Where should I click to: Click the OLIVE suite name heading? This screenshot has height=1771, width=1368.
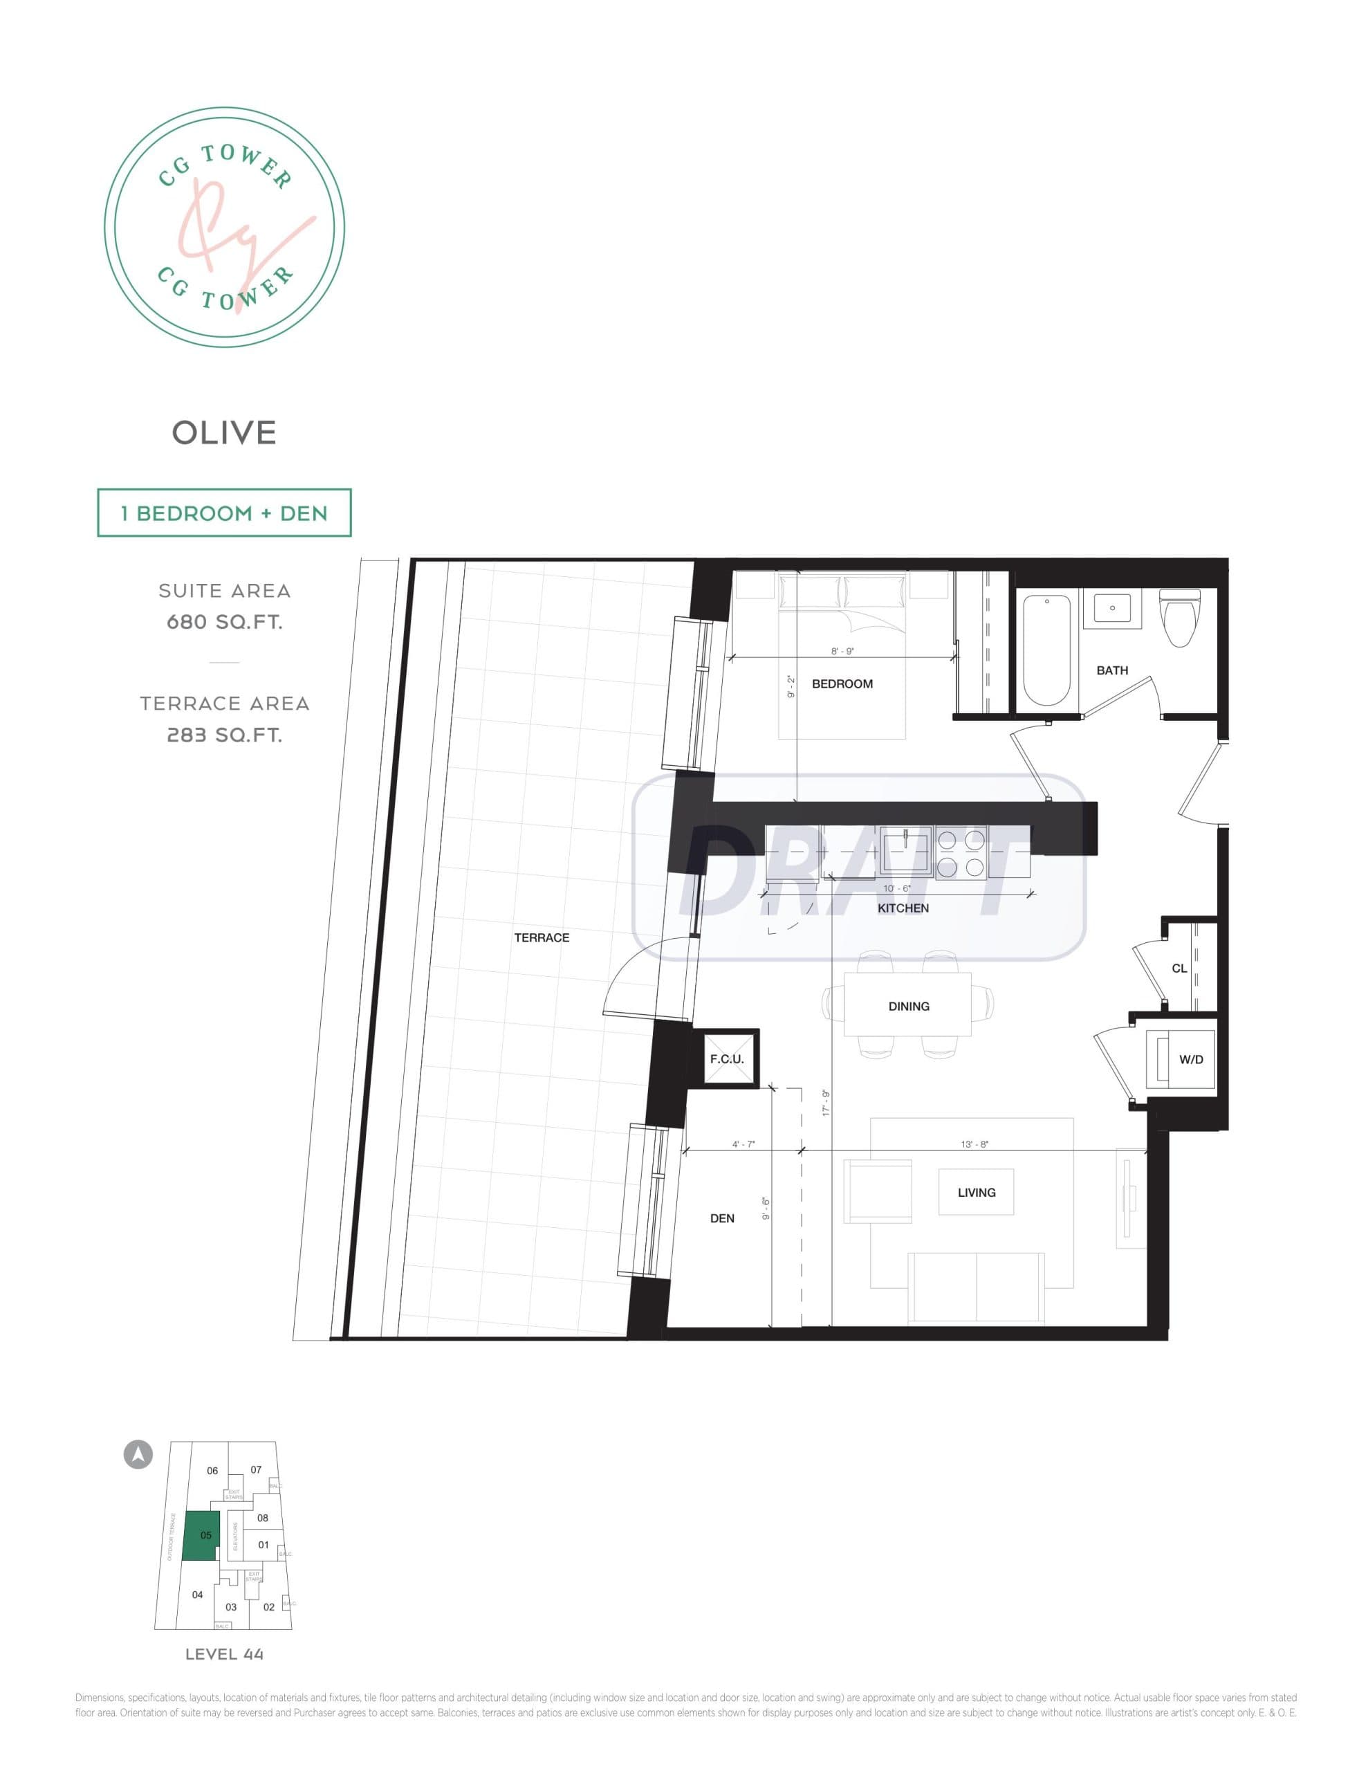224,433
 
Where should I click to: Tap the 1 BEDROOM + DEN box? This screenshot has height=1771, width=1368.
224,513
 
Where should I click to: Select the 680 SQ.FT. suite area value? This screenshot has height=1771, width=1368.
224,622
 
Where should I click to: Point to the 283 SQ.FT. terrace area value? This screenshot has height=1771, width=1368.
224,735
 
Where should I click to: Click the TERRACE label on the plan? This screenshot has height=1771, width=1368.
541,937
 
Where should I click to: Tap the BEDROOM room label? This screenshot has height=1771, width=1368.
842,683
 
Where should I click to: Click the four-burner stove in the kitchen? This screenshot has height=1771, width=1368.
961,852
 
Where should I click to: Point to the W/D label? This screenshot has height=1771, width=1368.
1190,1059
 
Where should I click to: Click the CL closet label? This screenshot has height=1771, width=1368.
1179,969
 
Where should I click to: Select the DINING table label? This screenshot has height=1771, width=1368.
908,1007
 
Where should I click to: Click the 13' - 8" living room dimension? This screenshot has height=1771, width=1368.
974,1144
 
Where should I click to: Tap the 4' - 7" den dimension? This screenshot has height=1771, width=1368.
743,1144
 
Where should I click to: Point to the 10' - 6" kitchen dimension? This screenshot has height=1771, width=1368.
896,888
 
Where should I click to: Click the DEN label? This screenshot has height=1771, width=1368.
722,1218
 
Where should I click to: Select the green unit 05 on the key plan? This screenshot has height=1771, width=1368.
201,1535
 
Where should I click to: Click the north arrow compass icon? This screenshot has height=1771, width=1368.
138,1454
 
